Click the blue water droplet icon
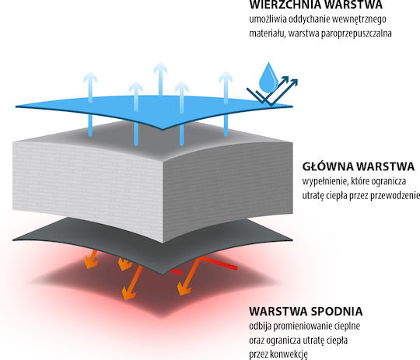[268, 78]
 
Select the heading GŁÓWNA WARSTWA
[359, 166]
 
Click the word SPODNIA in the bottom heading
[337, 312]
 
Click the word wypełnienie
[325, 182]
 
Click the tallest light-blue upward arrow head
[160, 68]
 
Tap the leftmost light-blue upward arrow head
[90, 77]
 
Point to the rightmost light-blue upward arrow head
[226, 77]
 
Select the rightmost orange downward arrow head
[184, 288]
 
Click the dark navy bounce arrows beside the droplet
[272, 92]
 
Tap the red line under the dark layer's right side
[219, 263]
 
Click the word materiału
[267, 33]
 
